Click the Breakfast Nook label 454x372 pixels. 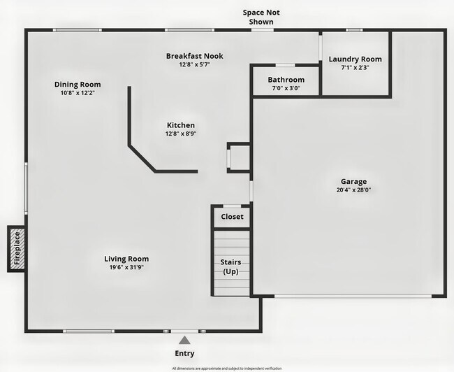[194, 56]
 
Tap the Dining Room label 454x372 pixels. [78, 85]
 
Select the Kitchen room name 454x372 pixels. [180, 125]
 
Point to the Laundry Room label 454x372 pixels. [355, 59]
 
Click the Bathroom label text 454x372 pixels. [286, 80]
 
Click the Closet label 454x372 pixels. [232, 217]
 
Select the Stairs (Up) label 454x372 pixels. [231, 266]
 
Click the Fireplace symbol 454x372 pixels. [17, 249]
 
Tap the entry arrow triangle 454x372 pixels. [184, 341]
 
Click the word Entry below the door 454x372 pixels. [184, 353]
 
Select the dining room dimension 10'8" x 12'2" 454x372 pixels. [78, 93]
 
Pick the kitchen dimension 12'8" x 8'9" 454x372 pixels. [180, 134]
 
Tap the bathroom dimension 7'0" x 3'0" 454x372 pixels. [286, 88]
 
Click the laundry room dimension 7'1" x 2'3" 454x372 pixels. [355, 68]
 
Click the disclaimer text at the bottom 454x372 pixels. [226, 368]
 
